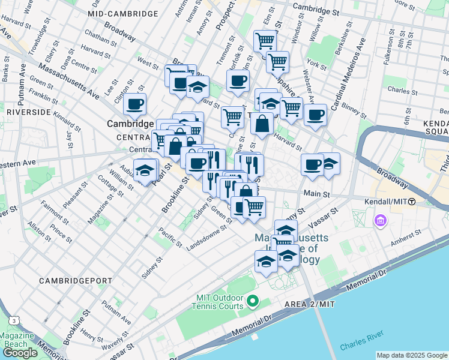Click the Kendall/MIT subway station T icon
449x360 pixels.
click(412, 202)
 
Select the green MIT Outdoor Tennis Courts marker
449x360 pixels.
click(253, 300)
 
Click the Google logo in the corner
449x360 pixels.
click(20, 352)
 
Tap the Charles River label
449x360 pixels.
click(359, 347)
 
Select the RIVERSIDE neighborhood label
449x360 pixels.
click(28, 112)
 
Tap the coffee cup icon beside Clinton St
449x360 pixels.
click(135, 104)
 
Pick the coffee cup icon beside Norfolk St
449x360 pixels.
click(238, 80)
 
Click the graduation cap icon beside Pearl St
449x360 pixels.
click(145, 171)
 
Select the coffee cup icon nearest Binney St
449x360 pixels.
click(315, 115)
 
